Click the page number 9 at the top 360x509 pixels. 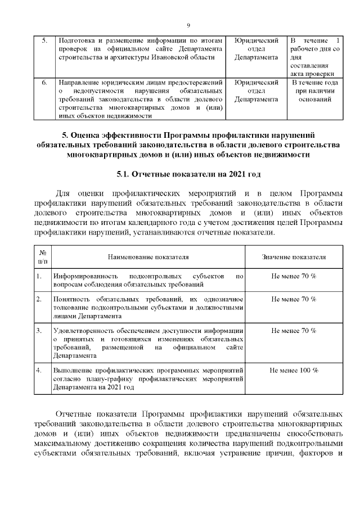(188, 25)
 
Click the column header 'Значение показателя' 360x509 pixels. (294, 256)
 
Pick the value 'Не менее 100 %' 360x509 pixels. (294, 371)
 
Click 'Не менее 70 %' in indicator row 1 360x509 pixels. (294, 276)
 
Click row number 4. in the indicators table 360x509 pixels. (39, 371)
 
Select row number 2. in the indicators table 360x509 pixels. (39, 299)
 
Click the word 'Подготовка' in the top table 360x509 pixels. (76, 41)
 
